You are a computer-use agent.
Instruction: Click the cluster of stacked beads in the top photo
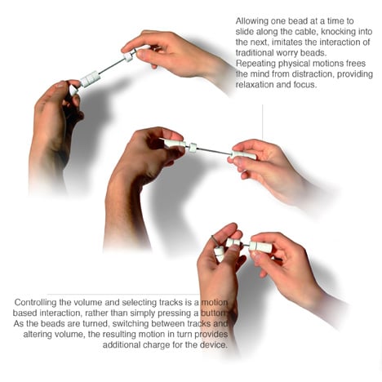point(91,78)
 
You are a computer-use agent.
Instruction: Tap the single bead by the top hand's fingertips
point(128,56)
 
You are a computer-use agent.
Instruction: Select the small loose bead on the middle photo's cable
point(193,147)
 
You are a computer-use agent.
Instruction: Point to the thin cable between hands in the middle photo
point(214,151)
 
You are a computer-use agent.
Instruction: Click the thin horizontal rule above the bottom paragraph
point(122,294)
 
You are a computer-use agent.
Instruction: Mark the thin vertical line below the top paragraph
point(262,122)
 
